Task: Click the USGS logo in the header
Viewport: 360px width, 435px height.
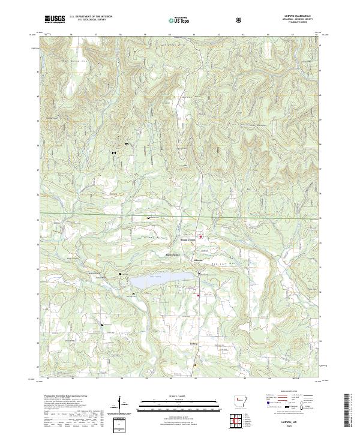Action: click(55, 20)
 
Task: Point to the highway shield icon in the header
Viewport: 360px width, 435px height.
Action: click(239, 20)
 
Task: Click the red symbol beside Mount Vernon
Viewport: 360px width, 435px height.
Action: click(201, 236)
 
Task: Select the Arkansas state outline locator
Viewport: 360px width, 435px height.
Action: click(240, 403)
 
